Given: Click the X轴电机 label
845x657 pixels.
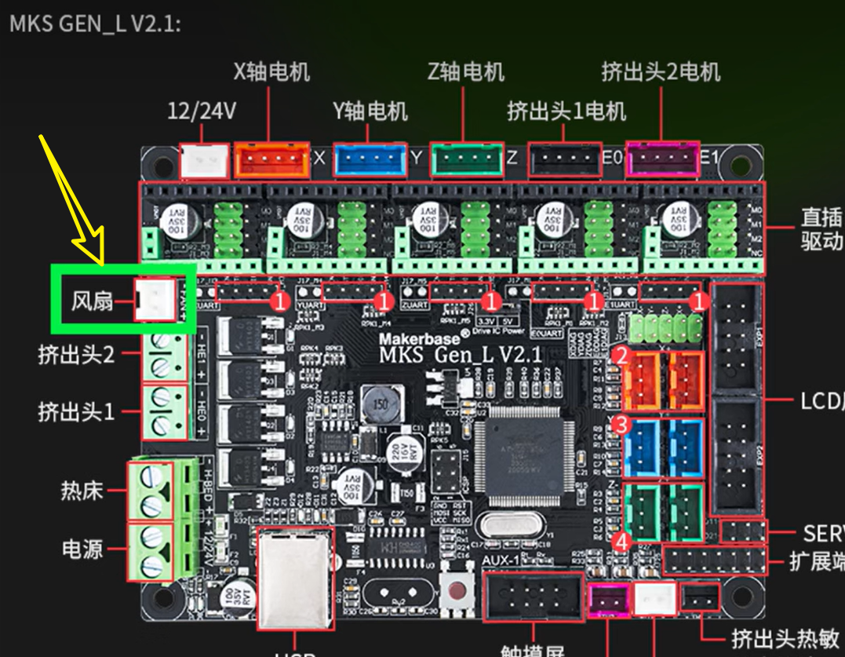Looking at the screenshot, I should [271, 72].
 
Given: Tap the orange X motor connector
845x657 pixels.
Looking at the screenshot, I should [271, 160].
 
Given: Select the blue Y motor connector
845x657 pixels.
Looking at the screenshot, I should [370, 160].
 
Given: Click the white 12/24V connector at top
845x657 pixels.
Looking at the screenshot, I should [204, 161].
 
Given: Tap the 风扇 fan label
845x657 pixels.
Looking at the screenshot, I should [93, 301].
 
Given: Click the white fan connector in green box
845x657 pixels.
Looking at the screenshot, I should [155, 300].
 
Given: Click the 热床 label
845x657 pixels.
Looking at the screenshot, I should [82, 491].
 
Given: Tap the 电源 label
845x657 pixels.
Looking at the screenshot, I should [82, 549].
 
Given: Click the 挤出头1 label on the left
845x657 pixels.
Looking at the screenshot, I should [75, 411].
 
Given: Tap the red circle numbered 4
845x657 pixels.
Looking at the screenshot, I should [621, 542].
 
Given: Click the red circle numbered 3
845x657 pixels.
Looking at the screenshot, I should [621, 425].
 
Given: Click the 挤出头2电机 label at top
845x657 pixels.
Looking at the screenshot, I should [661, 72].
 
